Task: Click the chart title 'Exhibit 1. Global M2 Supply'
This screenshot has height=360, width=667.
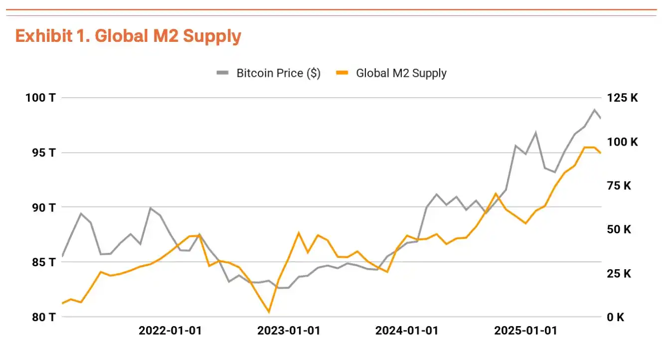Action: pyautogui.click(x=128, y=36)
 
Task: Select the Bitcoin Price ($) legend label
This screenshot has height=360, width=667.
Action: pyautogui.click(x=278, y=73)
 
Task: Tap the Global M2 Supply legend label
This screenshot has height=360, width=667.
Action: pyautogui.click(x=401, y=73)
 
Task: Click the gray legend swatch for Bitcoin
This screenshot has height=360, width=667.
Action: pyautogui.click(x=222, y=73)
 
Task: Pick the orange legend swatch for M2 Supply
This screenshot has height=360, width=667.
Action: pyautogui.click(x=342, y=73)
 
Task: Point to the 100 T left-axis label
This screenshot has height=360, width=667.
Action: pyautogui.click(x=40, y=98)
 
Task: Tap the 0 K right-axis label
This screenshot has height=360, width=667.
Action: pyautogui.click(x=616, y=317)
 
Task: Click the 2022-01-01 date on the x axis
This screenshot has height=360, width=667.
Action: pyautogui.click(x=170, y=331)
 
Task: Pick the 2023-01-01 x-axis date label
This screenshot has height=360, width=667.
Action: pyautogui.click(x=289, y=331)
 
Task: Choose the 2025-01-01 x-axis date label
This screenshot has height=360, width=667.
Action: pyautogui.click(x=525, y=331)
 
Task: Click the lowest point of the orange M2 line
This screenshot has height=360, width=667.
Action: pyautogui.click(x=269, y=312)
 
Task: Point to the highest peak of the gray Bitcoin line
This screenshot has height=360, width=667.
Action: pyautogui.click(x=594, y=110)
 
